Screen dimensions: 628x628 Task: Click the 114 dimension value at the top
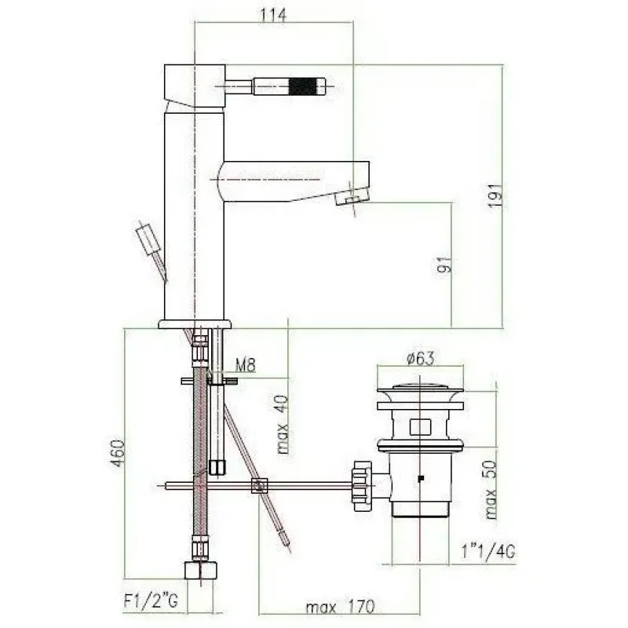coord(273,15)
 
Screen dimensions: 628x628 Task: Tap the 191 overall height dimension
coord(495,195)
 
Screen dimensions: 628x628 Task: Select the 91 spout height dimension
coord(444,265)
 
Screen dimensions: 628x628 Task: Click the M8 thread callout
coord(246,365)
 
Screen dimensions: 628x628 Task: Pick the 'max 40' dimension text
coord(283,424)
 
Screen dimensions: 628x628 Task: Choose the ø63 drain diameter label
coord(420,358)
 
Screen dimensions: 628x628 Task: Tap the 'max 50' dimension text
coord(490,489)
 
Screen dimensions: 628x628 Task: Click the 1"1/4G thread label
coord(487,553)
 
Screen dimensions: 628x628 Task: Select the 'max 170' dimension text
coord(340,607)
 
